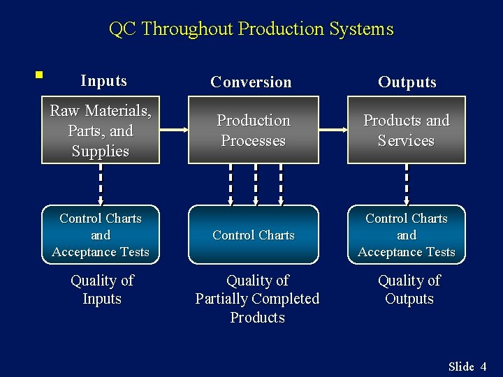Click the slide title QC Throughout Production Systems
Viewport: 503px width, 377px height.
[x=251, y=29]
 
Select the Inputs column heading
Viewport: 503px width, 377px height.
[x=103, y=81]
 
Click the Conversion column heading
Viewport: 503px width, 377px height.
[x=251, y=82]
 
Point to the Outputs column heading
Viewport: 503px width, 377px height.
[x=407, y=82]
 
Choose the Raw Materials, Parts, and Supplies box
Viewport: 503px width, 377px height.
[x=101, y=131]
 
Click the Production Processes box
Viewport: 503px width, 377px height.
[x=253, y=131]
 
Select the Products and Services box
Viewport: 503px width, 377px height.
[x=406, y=131]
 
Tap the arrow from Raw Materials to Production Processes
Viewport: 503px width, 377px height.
[x=174, y=130]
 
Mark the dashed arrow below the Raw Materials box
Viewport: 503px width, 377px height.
[x=101, y=184]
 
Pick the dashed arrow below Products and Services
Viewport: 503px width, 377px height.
[x=407, y=184]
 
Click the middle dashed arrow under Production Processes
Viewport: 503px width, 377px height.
[x=256, y=184]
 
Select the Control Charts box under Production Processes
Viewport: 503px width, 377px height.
[x=253, y=235]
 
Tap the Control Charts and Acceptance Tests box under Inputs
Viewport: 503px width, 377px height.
[x=101, y=235]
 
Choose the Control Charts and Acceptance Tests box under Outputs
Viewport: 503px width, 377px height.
[x=407, y=235]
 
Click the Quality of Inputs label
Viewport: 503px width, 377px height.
[x=102, y=290]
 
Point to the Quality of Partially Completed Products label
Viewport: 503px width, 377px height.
[x=257, y=299]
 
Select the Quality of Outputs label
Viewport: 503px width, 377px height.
[x=409, y=290]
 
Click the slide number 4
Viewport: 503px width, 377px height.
[x=483, y=367]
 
